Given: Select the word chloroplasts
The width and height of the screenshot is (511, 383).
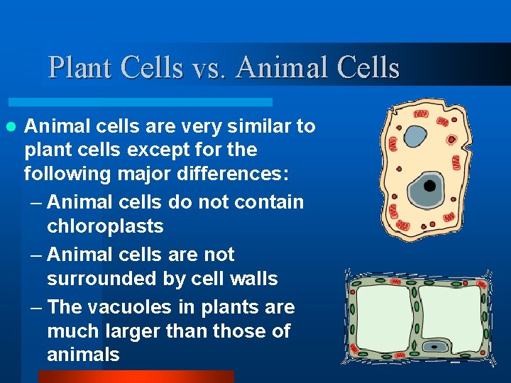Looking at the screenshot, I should pos(105,226).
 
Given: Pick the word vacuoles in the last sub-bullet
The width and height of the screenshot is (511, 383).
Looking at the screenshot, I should pos(145,307).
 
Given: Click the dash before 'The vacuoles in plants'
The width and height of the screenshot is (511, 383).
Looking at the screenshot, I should pos(37,307).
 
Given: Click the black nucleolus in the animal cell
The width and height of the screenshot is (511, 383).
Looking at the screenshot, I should pos(429,186).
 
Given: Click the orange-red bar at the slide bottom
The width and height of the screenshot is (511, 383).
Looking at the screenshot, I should pos(135,377).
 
